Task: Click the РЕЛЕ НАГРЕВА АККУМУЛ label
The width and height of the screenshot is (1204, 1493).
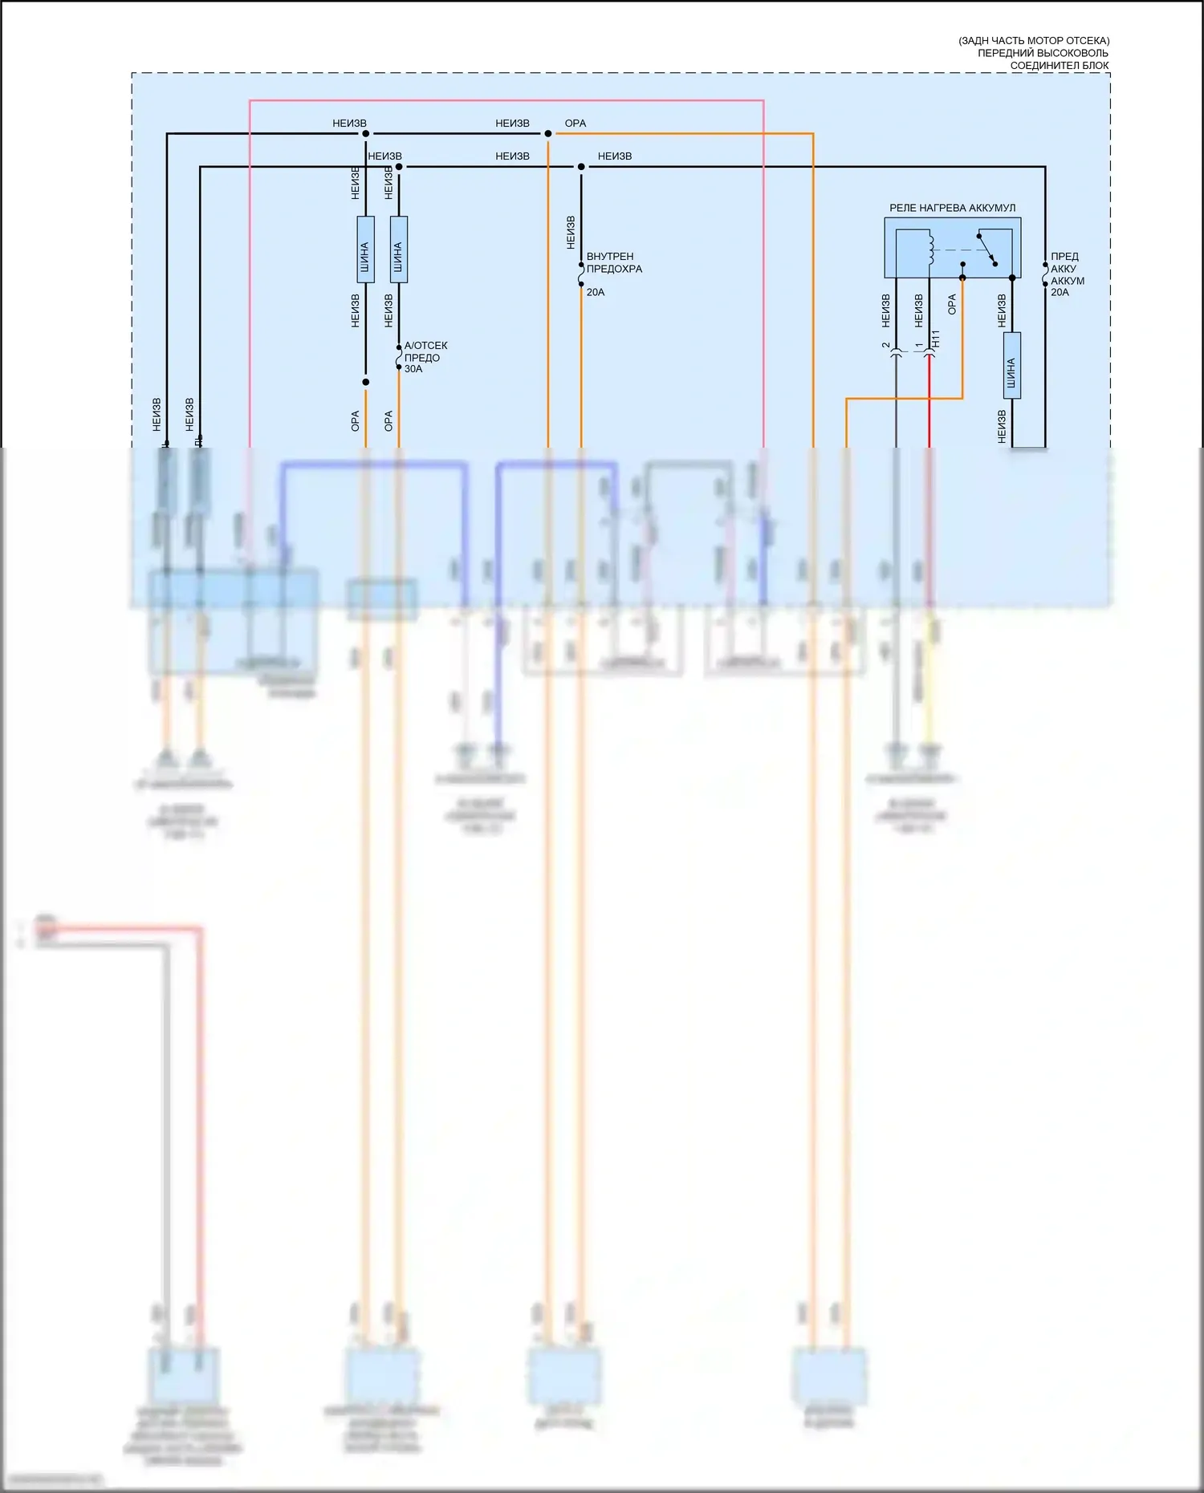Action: (952, 208)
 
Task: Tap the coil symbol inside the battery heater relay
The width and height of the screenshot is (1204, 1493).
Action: (931, 250)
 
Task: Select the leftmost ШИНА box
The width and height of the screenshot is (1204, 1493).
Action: (365, 249)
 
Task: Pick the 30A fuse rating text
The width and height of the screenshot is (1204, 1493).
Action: (413, 369)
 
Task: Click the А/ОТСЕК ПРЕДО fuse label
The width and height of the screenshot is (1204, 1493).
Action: (425, 351)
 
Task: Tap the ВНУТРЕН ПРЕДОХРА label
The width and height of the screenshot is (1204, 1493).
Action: (614, 262)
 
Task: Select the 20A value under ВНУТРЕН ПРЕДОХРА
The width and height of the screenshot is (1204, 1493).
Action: (596, 292)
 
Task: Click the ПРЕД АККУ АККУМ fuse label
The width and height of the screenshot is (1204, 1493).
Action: (1067, 269)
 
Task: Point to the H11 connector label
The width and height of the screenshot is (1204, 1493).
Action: (935, 339)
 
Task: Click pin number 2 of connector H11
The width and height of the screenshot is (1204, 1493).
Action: (886, 346)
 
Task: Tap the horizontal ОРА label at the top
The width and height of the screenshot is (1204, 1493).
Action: (576, 124)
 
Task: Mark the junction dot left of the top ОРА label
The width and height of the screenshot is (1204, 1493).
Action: (548, 134)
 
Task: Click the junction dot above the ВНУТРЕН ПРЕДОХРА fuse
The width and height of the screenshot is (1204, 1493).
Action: (581, 167)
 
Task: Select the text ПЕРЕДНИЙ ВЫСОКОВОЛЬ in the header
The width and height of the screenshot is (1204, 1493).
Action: (1043, 53)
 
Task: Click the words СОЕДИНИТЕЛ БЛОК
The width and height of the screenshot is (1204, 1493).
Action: (1060, 66)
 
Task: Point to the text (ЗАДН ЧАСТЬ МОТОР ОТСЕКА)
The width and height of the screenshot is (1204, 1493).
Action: (1034, 40)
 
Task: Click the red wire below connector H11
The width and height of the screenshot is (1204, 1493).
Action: (929, 401)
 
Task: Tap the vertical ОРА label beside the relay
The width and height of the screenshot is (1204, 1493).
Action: (952, 304)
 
